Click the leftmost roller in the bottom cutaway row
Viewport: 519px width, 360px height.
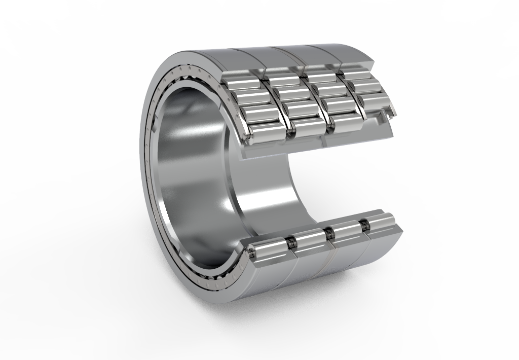[269, 249]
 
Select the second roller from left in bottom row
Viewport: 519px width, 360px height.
[310, 238]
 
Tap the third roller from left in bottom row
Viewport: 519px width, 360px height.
[346, 229]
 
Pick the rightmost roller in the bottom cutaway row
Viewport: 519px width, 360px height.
[379, 221]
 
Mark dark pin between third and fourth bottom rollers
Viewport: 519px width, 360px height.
[363, 225]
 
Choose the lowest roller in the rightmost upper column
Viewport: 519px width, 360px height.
[375, 104]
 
